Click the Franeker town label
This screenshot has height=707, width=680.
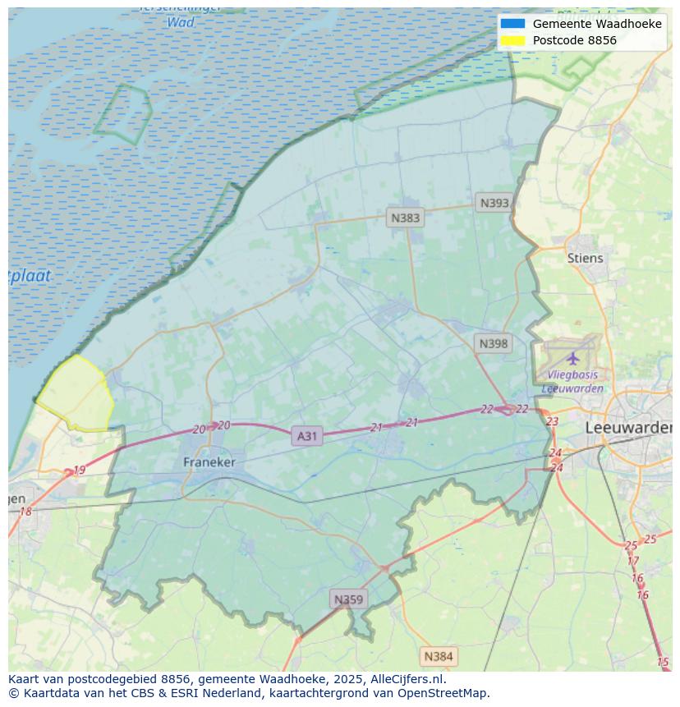pyautogui.click(x=209, y=462)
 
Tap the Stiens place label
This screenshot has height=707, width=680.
pyautogui.click(x=585, y=258)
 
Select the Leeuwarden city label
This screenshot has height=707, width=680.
pyautogui.click(x=627, y=428)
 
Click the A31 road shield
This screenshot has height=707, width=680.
pyautogui.click(x=306, y=436)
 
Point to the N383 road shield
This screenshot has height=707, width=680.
pyautogui.click(x=405, y=218)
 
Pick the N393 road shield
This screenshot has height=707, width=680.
pyautogui.click(x=494, y=203)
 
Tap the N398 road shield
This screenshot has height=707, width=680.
pyautogui.click(x=493, y=343)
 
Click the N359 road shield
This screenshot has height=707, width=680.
pyautogui.click(x=348, y=599)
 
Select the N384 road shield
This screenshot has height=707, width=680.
pyautogui.click(x=438, y=656)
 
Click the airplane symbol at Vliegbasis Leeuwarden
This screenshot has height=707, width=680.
pyautogui.click(x=572, y=358)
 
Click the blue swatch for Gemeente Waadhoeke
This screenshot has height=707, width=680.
pyautogui.click(x=512, y=24)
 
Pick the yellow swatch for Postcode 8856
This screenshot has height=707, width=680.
pyautogui.click(x=512, y=40)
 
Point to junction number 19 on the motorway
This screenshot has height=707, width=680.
pyautogui.click(x=79, y=471)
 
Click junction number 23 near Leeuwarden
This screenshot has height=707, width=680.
pyautogui.click(x=552, y=421)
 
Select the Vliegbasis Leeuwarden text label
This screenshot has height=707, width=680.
pyautogui.click(x=572, y=382)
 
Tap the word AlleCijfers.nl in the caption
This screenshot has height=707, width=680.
pyautogui.click(x=406, y=679)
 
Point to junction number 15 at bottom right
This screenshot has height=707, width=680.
pyautogui.click(x=663, y=662)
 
